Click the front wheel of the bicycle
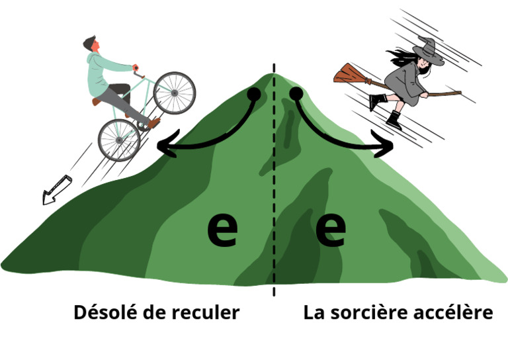point(175,93)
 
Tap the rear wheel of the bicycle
point(119,140)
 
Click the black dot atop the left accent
point(253,95)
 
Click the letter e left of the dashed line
point(222,230)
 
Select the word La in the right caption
point(314,312)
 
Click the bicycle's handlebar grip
point(136,67)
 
